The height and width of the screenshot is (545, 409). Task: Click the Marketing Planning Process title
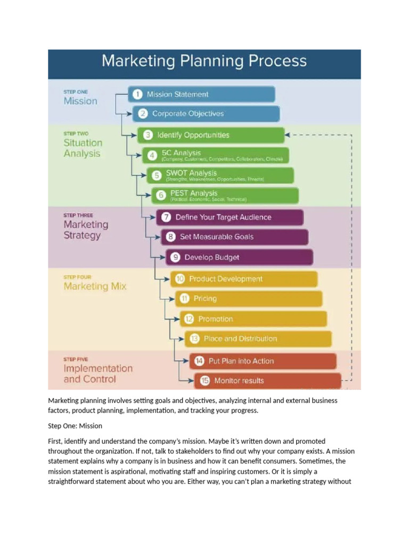204,61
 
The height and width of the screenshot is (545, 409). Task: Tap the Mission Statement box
202,94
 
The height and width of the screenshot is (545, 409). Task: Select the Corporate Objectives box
206,113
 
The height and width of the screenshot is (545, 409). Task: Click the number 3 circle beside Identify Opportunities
148,135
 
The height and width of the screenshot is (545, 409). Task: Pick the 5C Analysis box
216,155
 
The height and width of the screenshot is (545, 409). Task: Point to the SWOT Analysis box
220,175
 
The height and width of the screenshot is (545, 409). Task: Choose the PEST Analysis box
225,195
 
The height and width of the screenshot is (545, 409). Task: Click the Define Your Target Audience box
230,217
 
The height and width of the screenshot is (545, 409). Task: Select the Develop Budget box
239,257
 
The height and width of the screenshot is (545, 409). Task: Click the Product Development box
244,279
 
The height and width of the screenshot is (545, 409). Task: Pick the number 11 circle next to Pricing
185,299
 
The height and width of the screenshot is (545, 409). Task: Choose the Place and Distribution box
258,338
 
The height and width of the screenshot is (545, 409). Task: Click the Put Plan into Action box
263,361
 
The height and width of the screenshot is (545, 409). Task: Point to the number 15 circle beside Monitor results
204,381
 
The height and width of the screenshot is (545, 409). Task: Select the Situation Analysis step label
83,148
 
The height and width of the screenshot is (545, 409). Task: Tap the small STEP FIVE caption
76,359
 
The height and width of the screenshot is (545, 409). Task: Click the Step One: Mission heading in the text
75,426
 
